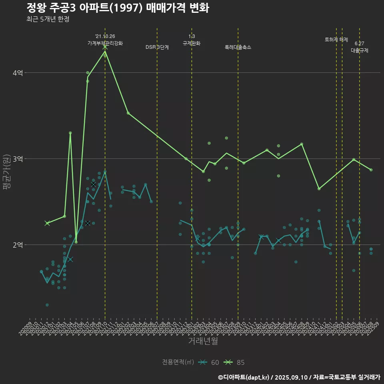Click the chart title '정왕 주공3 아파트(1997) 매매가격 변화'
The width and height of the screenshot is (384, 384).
pos(118,8)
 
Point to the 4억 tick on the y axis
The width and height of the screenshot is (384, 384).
pos(18,73)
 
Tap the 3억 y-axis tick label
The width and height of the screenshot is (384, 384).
pos(18,159)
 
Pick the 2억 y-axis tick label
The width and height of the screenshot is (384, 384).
pos(18,245)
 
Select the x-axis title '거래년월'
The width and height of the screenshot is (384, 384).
pos(203,341)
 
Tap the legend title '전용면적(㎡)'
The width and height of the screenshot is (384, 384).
pos(178,362)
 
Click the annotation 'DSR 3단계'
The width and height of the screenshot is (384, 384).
pos(157,47)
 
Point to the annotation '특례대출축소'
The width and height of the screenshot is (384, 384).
pos(238,47)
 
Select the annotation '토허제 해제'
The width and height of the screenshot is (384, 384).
pos(336,40)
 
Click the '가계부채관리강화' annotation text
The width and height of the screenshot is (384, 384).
pos(105,43)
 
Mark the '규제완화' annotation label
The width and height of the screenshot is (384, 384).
pos(192,43)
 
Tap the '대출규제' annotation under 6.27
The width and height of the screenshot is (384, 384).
pos(360,50)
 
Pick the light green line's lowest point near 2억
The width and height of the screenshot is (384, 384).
pos(76,242)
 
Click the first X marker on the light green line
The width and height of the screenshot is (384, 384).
pos(47,223)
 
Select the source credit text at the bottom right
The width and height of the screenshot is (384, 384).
pos(299,377)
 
